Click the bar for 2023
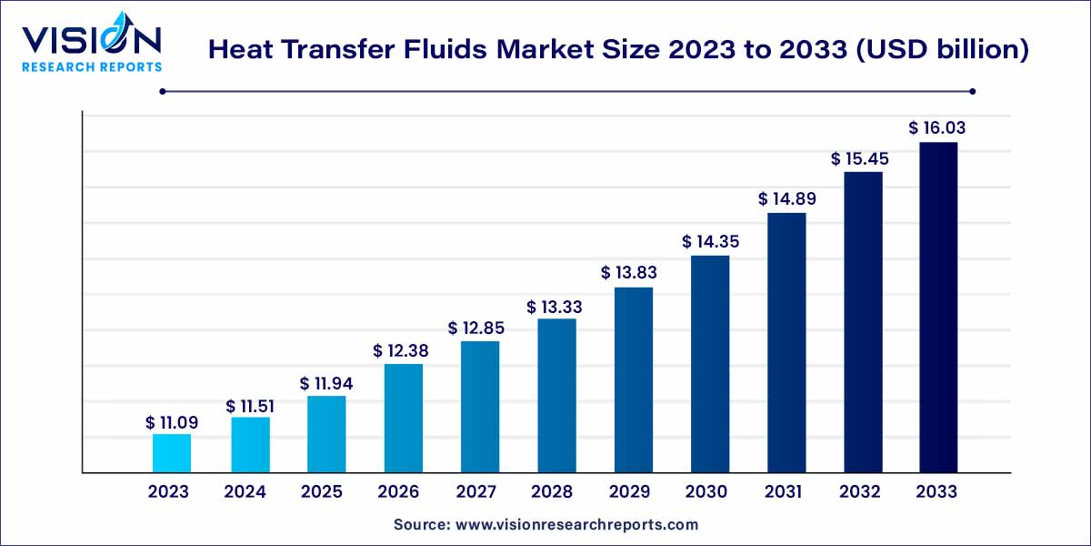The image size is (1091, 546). (x=172, y=453)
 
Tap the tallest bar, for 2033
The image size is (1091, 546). (x=937, y=308)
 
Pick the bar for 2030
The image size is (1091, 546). (x=710, y=364)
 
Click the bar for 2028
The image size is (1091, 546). (x=556, y=396)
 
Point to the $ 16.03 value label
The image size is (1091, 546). (x=937, y=128)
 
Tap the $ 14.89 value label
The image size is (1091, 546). (x=786, y=198)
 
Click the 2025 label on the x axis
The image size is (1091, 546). (x=323, y=492)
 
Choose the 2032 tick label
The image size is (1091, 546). (x=861, y=492)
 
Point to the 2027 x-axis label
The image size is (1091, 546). (x=476, y=492)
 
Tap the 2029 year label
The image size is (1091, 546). (x=630, y=492)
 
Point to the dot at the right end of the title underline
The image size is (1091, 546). (x=973, y=91)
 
